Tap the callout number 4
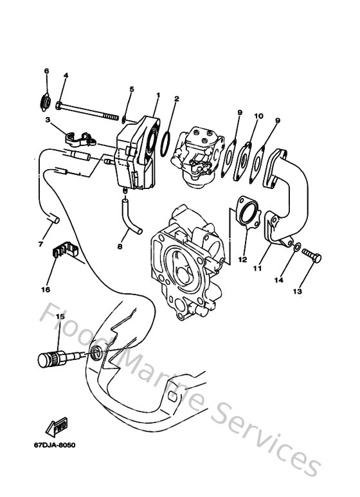pyautogui.click(x=66, y=76)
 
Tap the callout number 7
pyautogui.click(x=41, y=244)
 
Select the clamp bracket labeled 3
pyautogui.click(x=78, y=138)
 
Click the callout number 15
pyautogui.click(x=60, y=316)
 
